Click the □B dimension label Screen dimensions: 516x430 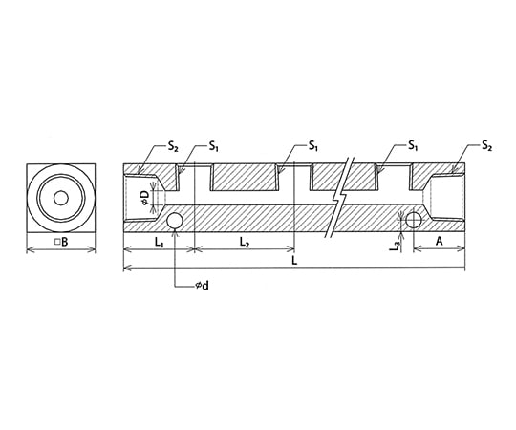(61, 242)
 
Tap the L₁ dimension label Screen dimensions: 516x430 (160, 243)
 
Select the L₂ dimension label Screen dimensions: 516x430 (245, 243)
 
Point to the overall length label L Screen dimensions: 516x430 (294, 261)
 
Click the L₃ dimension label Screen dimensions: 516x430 (396, 247)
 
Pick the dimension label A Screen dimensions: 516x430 (439, 242)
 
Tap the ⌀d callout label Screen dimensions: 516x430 (202, 286)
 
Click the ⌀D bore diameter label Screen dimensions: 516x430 (146, 198)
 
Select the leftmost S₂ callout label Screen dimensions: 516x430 (173, 146)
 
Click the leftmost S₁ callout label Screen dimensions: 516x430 (214, 146)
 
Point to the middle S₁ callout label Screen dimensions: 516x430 (313, 145)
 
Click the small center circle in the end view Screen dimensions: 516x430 (61, 199)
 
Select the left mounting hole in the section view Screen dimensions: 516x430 (175, 220)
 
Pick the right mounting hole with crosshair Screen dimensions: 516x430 (414, 220)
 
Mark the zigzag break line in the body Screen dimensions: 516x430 (339, 197)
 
